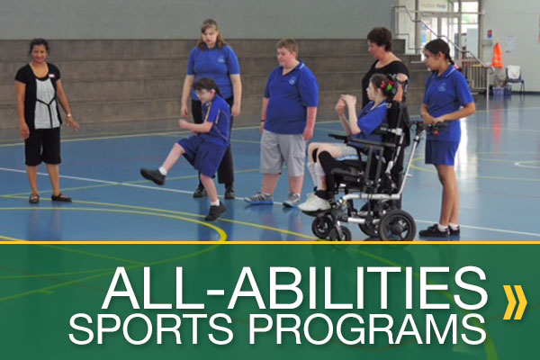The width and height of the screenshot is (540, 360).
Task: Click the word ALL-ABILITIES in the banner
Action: (295, 289)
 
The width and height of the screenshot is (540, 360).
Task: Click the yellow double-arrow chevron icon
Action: (515, 302)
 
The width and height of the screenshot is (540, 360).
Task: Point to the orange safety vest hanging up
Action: (497, 56)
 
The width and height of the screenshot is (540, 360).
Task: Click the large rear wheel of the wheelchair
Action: (397, 225)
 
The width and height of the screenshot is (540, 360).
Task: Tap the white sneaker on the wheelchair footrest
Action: (314, 202)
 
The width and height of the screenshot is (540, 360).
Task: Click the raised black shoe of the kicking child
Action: (152, 176)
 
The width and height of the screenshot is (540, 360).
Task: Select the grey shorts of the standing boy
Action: (283, 153)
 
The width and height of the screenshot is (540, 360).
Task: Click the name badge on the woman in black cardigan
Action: (52, 75)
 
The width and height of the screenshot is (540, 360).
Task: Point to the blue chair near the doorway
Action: (515, 79)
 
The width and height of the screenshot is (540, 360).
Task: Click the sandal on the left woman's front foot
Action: (61, 198)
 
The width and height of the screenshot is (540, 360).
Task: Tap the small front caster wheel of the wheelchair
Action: (322, 227)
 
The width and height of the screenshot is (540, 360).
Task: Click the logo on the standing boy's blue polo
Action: (292, 81)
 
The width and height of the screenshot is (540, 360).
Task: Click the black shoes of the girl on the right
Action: (439, 230)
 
